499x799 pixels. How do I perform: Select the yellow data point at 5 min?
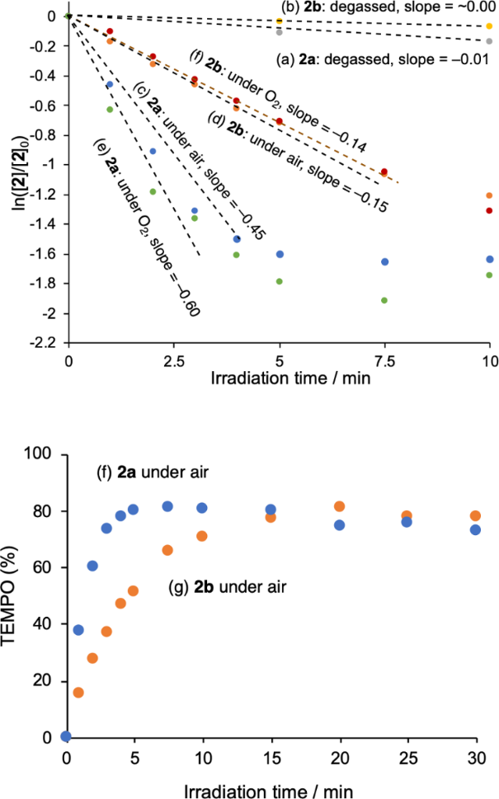(280, 21)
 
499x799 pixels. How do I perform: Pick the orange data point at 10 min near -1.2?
(489, 195)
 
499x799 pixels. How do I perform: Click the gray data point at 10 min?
(490, 40)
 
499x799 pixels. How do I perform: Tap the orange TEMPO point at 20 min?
(339, 506)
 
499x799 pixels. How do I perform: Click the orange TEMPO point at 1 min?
(78, 692)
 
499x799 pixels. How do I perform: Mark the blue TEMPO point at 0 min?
(66, 736)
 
